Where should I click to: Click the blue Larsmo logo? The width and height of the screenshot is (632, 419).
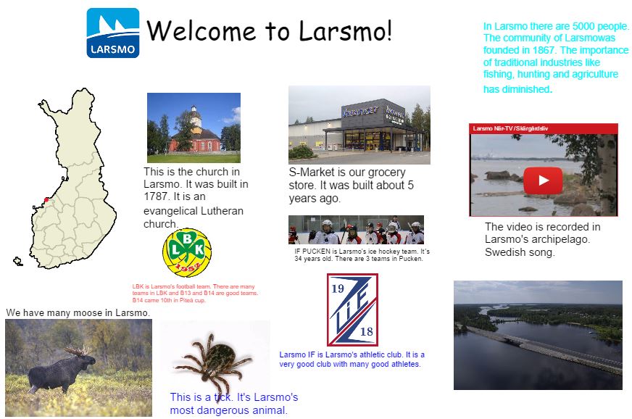click(x=112, y=33)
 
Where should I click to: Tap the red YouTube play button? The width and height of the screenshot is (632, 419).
click(x=544, y=178)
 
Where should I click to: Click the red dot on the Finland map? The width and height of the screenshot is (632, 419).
click(x=46, y=199)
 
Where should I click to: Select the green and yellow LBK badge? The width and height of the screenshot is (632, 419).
click(x=187, y=252)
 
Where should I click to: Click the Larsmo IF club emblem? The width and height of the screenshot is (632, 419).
click(x=352, y=310)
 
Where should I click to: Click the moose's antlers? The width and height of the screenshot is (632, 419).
click(x=78, y=350)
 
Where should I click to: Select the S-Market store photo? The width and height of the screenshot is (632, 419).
click(x=359, y=125)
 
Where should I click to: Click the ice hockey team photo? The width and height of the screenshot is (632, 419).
click(x=355, y=230)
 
